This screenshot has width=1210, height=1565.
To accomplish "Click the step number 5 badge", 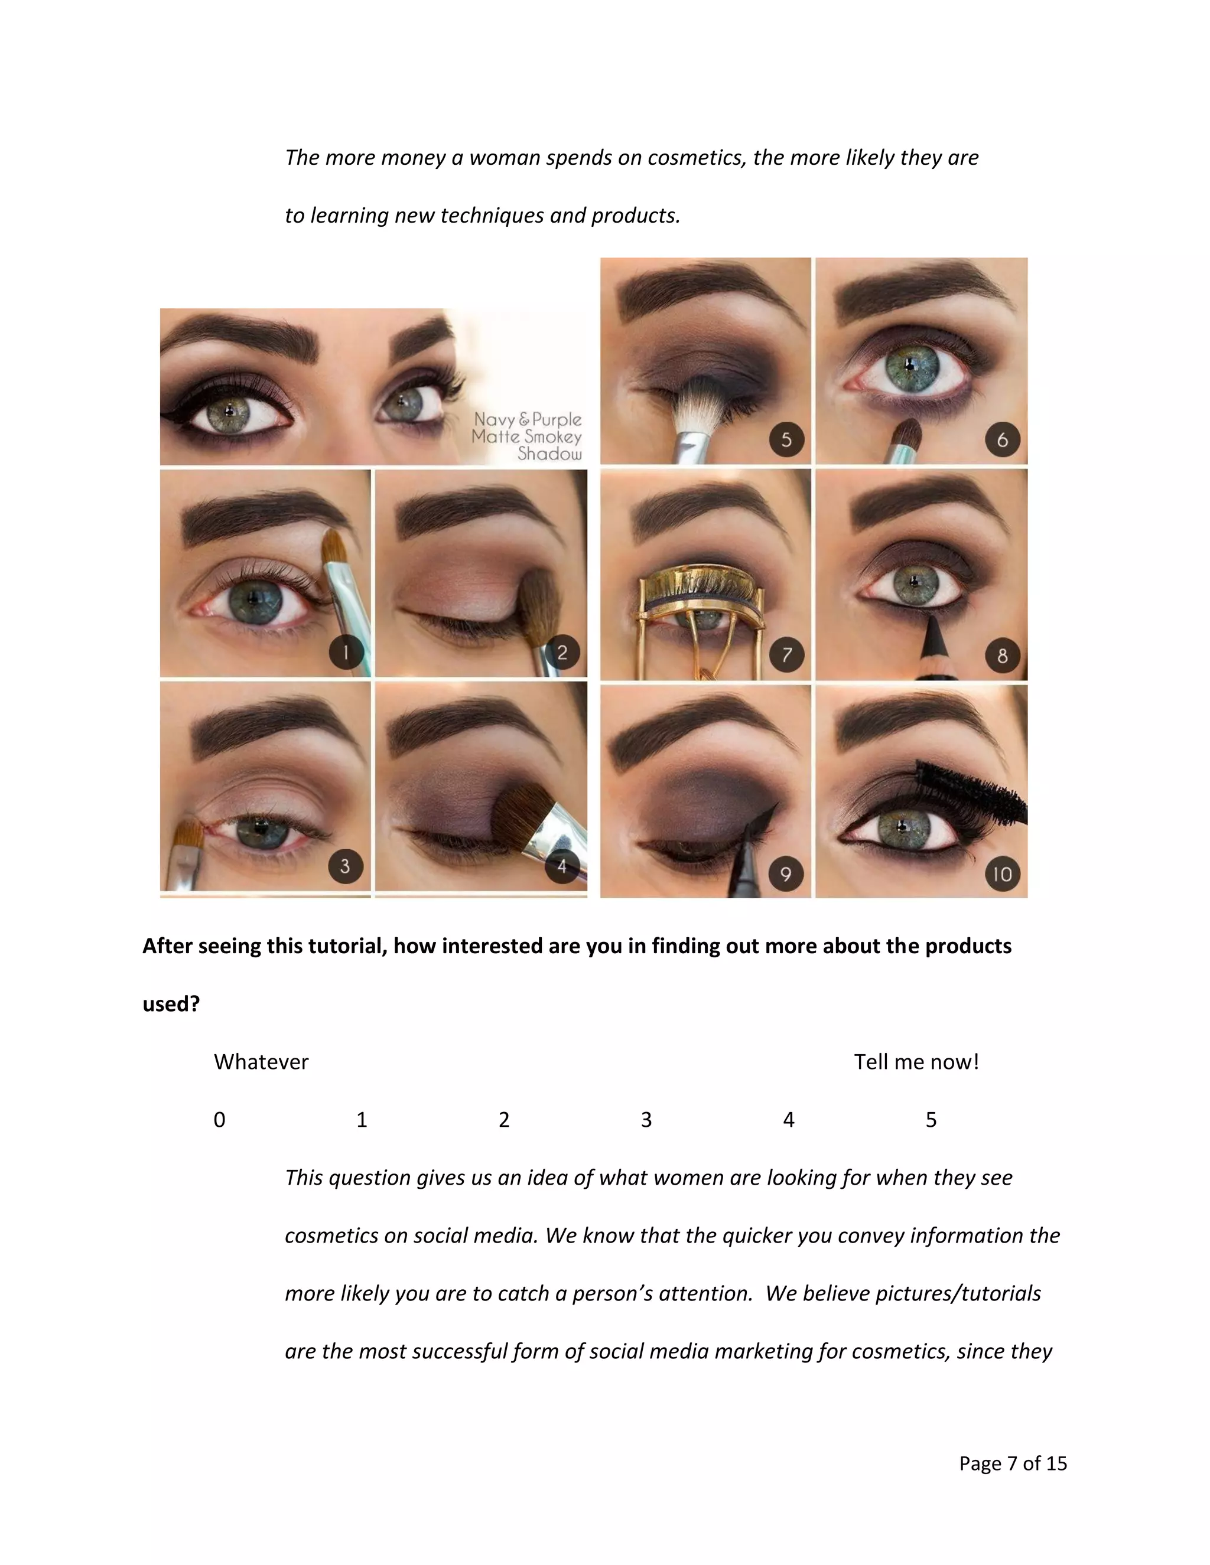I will tap(786, 439).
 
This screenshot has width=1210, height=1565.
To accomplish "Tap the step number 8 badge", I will tap(1002, 655).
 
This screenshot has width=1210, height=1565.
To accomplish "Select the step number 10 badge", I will tap(1002, 873).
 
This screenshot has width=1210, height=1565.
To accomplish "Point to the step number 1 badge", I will tap(346, 652).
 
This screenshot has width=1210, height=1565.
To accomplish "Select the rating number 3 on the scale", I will tap(646, 1119).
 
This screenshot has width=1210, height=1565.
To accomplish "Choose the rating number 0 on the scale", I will tap(219, 1119).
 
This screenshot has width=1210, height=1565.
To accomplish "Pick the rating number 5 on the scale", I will tap(931, 1119).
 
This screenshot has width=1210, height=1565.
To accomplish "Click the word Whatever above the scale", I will tap(261, 1062).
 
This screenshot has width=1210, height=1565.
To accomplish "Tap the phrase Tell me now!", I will tap(916, 1062).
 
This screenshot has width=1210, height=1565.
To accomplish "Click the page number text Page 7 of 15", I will tap(1012, 1463).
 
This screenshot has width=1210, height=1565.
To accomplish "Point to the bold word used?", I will tap(171, 1004).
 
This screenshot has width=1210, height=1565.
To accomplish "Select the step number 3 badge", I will tap(345, 866).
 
